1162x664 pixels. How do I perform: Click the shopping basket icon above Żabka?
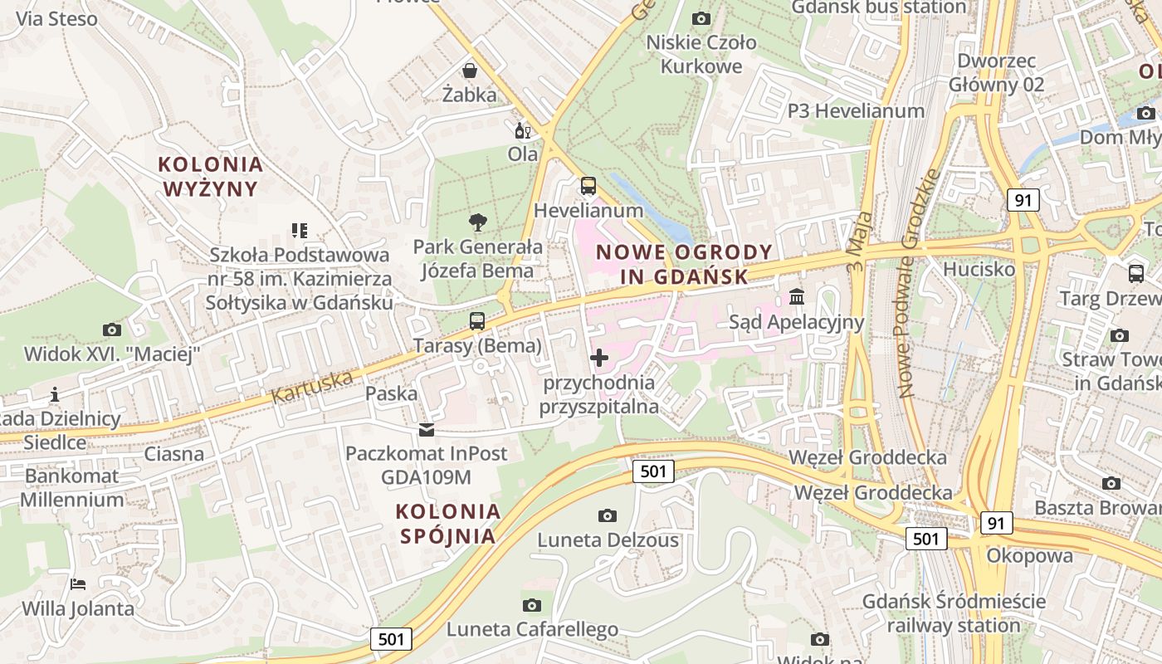(470, 70)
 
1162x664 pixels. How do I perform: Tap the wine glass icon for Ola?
(523, 130)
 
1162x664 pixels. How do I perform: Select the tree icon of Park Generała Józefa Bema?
(477, 222)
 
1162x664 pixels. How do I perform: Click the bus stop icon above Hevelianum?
(588, 185)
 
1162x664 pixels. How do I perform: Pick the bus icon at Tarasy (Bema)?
(477, 320)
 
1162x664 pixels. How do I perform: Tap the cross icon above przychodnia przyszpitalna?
(598, 358)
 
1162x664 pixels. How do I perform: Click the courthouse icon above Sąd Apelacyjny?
(797, 296)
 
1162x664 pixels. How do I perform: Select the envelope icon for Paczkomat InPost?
(427, 429)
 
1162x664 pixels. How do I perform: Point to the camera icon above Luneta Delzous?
(608, 515)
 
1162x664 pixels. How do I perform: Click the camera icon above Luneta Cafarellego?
(532, 605)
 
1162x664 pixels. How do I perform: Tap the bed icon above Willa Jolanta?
(78, 584)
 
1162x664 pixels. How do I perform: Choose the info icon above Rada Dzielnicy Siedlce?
(55, 394)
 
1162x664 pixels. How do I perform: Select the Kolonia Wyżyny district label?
(211, 177)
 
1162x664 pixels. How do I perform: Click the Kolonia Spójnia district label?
(448, 523)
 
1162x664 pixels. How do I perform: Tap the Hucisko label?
(979, 269)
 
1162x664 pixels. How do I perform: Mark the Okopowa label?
(1029, 555)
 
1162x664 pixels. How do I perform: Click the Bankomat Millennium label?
(72, 488)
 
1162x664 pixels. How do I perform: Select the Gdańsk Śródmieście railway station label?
(954, 613)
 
